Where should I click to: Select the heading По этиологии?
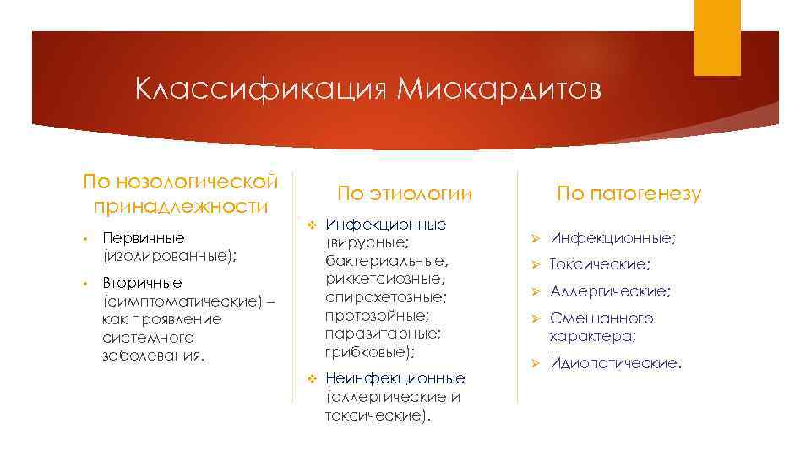coord(404,193)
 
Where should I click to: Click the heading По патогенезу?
coord(629,193)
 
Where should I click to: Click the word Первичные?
coord(144,238)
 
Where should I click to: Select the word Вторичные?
coord(142,282)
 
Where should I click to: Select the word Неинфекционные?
coord(395,378)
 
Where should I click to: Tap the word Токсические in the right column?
coord(600,264)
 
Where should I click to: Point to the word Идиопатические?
coord(614,363)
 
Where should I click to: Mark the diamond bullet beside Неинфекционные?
coord(311,377)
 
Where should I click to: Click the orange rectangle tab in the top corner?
coord(718,38)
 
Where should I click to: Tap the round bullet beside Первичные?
coord(86,238)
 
